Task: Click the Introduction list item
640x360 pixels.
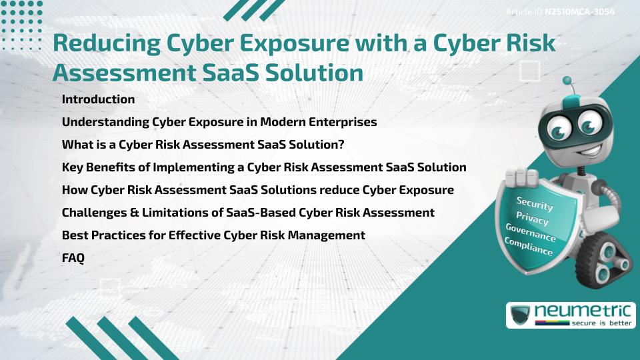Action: pos(98,99)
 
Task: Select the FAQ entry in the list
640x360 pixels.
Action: pos(73,258)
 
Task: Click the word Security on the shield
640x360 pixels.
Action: pos(535,204)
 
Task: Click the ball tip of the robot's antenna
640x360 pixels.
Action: pos(568,81)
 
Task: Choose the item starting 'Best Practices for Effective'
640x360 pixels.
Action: pos(213,235)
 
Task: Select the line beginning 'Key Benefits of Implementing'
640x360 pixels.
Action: pos(263,167)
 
